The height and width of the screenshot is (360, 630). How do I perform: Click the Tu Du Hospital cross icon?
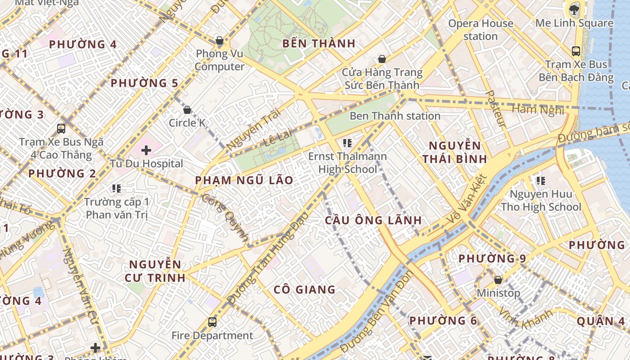pos(146,150)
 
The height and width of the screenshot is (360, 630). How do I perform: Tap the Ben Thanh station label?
pos(395,116)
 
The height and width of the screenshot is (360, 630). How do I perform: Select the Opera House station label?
pos(481,30)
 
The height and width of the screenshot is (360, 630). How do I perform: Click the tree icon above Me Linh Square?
pos(574,9)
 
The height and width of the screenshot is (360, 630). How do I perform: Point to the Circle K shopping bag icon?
pos(187,109)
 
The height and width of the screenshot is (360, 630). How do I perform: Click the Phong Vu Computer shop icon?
pos(220,40)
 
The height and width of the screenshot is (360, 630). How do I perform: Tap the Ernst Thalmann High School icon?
pos(347,143)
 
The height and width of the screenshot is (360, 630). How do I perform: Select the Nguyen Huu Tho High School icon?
pos(540,181)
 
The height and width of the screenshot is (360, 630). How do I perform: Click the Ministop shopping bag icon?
pos(498,280)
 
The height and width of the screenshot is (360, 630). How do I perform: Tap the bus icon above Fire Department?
pos(212,322)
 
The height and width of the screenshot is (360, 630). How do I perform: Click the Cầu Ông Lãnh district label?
pos(373,220)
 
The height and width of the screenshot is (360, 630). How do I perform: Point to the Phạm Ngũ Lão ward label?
pos(244,180)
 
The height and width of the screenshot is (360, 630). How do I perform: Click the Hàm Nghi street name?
pos(538,109)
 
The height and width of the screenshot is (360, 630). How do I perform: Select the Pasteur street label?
pos(496,108)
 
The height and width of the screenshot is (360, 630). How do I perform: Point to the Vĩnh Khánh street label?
pos(525,318)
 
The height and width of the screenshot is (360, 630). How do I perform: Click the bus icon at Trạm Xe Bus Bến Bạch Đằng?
pos(576,51)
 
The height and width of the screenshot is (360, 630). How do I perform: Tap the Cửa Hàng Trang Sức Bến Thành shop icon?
pos(382,59)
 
